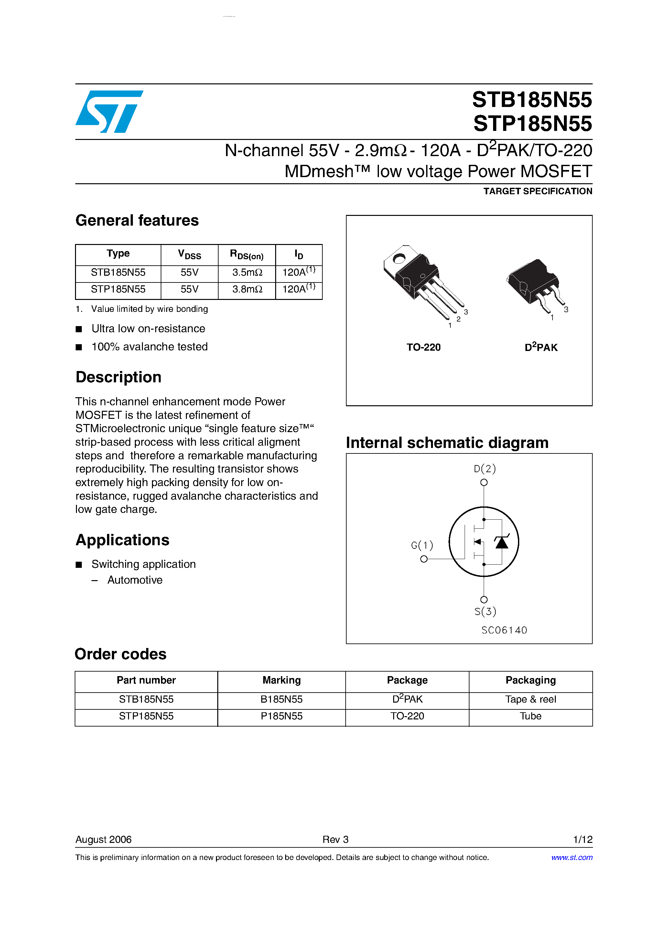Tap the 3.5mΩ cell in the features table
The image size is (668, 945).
247,272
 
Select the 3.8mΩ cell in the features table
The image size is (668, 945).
247,289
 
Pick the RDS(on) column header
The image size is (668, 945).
247,255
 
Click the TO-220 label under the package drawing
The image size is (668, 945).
423,347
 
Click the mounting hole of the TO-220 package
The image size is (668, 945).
399,259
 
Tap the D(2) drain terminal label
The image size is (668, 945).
485,469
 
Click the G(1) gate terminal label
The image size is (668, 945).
422,545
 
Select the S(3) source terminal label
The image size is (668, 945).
485,611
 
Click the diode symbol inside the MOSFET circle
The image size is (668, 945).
501,542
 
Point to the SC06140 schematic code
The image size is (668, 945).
504,630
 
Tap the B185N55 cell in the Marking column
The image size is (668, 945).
281,699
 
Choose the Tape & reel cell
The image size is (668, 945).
531,699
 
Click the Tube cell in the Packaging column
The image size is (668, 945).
531,716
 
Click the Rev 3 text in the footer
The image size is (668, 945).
335,839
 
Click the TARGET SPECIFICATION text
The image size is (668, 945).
537,191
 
